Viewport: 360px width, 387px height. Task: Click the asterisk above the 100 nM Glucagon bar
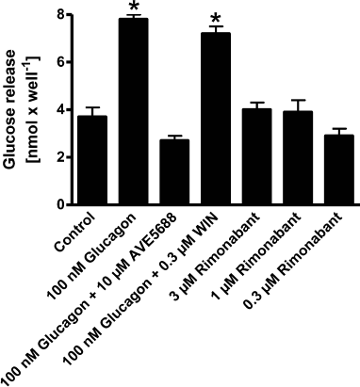pyautogui.click(x=134, y=8)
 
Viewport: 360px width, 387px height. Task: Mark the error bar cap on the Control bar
pyautogui.click(x=92, y=107)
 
